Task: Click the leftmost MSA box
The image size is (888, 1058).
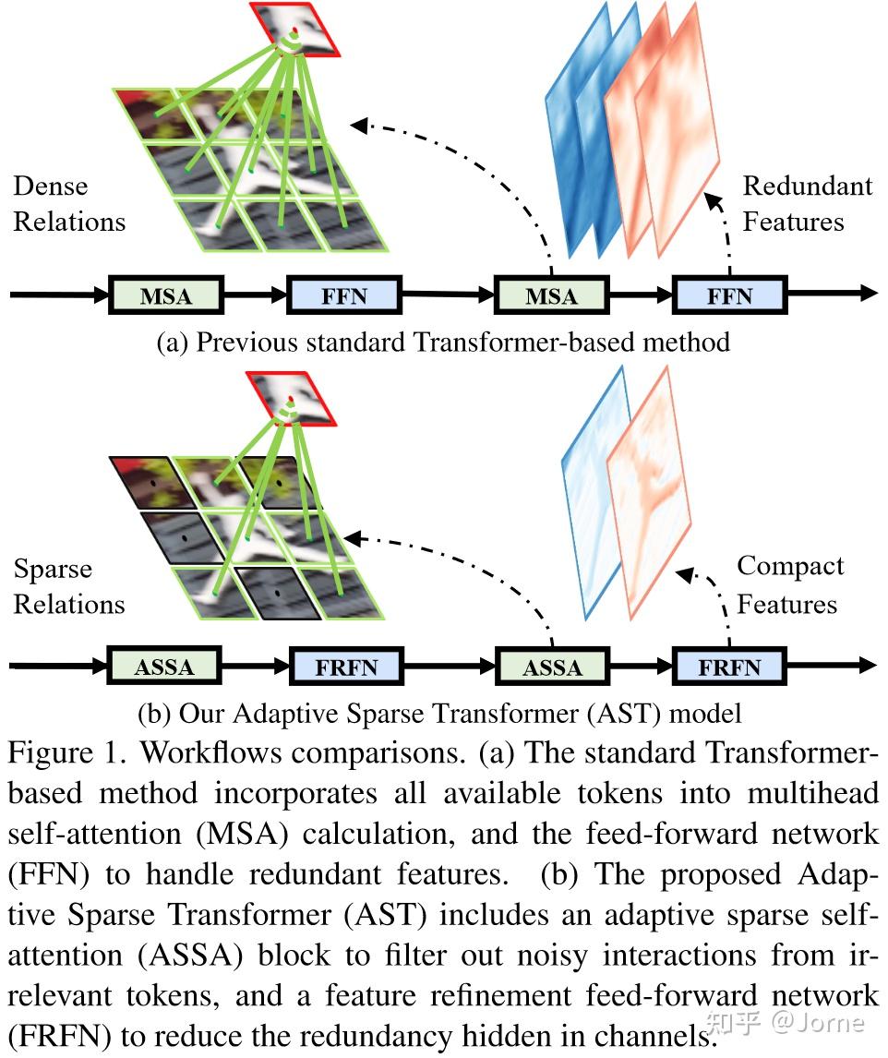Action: point(165,295)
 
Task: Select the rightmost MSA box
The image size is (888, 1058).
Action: point(551,295)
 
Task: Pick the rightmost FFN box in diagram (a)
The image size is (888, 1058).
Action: point(729,295)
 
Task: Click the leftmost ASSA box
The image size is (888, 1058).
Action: point(165,667)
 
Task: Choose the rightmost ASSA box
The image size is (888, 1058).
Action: point(552,667)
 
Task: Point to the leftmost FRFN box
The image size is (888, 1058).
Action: point(347,667)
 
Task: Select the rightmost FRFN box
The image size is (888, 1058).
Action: point(729,667)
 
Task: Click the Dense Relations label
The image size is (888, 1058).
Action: point(69,204)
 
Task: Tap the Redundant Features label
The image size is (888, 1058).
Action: point(807,204)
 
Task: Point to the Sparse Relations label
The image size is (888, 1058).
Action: point(69,587)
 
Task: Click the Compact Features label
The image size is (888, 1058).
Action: point(790,585)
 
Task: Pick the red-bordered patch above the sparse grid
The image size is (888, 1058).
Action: point(294,399)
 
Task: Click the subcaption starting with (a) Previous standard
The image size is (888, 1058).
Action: point(443,343)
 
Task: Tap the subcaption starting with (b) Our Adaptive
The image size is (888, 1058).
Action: point(439,713)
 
